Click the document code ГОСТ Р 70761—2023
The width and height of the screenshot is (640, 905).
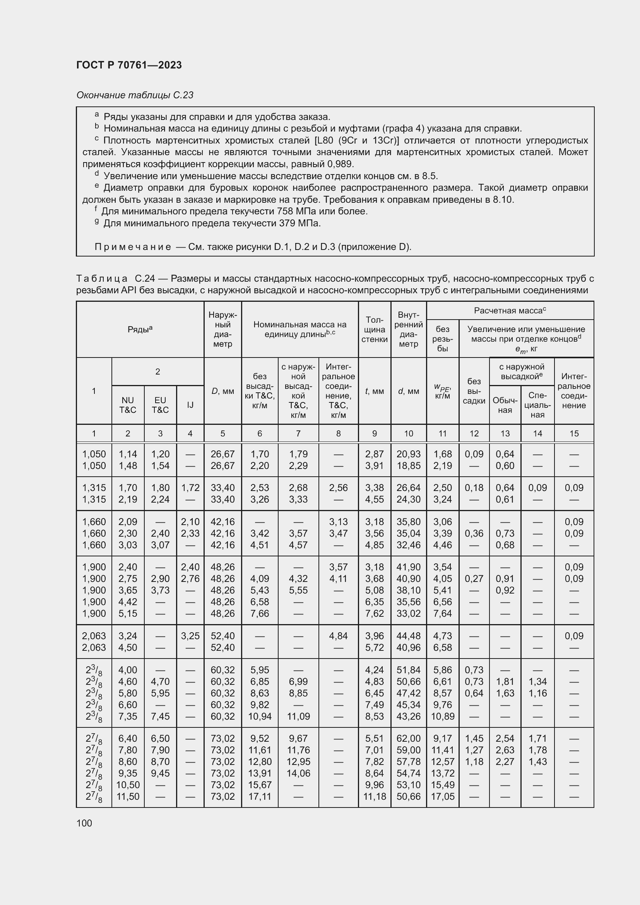pyautogui.click(x=129, y=65)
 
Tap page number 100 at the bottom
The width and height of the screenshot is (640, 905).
pyautogui.click(x=84, y=823)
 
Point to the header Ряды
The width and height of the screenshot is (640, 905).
pyautogui.click(x=140, y=329)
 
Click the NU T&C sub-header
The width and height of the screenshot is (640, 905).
pyautogui.click(x=128, y=405)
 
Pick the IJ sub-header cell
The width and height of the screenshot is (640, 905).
pyautogui.click(x=190, y=405)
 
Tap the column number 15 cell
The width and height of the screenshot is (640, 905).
pyautogui.click(x=574, y=434)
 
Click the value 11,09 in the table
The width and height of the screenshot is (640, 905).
pyautogui.click(x=298, y=716)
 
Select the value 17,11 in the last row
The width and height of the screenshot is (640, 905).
pyautogui.click(x=259, y=796)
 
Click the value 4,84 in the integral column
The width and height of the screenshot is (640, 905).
pyautogui.click(x=338, y=636)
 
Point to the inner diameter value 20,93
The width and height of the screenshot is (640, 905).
pyautogui.click(x=408, y=454)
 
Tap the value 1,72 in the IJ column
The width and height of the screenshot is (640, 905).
pyautogui.click(x=190, y=488)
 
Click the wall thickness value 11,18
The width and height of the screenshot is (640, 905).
pyautogui.click(x=374, y=796)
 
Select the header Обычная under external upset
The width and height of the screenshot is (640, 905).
pyautogui.click(x=505, y=405)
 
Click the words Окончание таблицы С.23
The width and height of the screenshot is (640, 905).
pyautogui.click(x=135, y=95)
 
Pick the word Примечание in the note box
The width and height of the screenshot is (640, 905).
pyautogui.click(x=133, y=247)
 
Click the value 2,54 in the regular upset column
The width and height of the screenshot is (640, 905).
pyautogui.click(x=505, y=738)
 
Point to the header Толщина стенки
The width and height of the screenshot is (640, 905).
pyautogui.click(x=374, y=329)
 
